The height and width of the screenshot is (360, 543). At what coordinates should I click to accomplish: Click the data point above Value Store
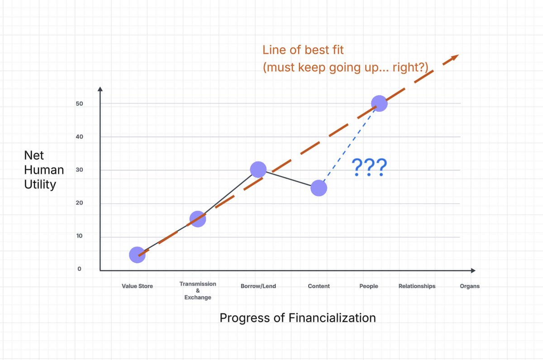137,255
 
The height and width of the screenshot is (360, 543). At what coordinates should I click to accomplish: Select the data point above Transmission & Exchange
198,219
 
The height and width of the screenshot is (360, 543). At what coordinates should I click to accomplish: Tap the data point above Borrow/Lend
258,170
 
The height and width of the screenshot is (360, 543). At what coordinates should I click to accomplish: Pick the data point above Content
319,188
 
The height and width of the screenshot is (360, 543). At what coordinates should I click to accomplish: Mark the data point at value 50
379,104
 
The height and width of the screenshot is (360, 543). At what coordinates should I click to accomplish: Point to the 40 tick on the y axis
79,137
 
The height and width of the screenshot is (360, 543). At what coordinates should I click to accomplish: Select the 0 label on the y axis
79,269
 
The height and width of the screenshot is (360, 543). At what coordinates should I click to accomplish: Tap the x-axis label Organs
469,286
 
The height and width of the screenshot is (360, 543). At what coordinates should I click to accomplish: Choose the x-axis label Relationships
417,286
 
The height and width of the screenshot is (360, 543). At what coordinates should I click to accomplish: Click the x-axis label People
368,286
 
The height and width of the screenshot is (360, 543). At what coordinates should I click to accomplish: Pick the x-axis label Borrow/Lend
258,286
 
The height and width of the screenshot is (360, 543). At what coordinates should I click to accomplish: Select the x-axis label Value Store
137,286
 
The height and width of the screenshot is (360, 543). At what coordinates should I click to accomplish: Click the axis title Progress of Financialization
297,318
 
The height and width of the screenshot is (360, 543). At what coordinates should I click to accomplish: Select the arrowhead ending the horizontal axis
473,270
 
